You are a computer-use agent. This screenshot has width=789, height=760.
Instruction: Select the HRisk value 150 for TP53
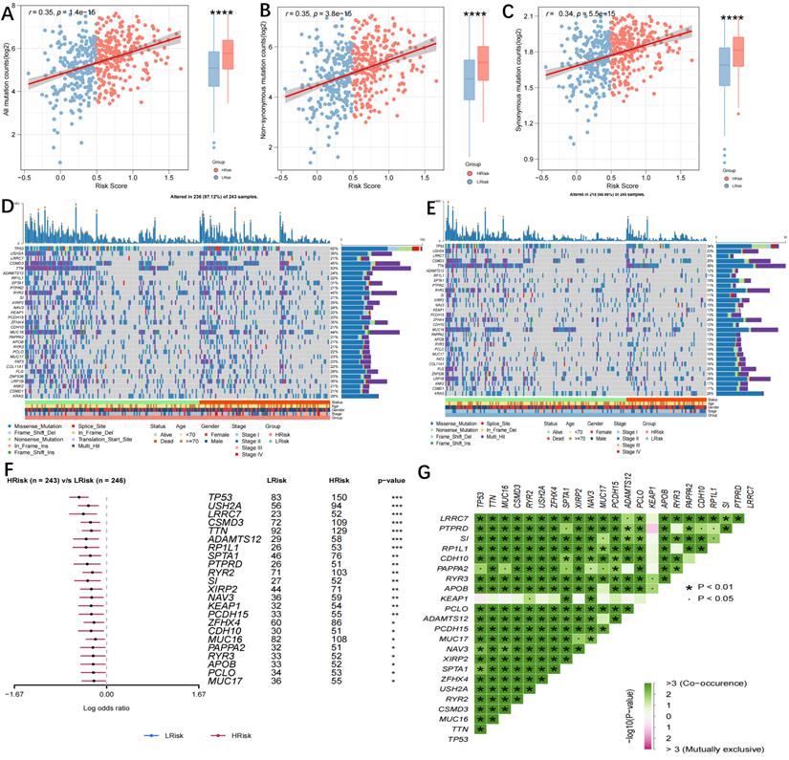332,499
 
